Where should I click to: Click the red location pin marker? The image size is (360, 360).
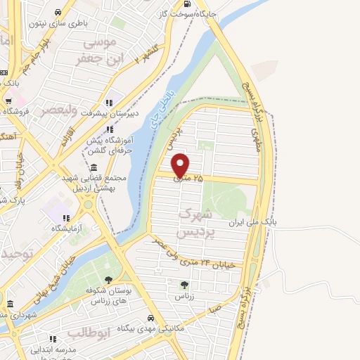point(181,165)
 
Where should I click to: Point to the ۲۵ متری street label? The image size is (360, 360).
point(189,180)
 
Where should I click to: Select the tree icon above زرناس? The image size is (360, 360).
point(184,285)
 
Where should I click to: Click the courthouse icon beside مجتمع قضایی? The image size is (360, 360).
point(94,167)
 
